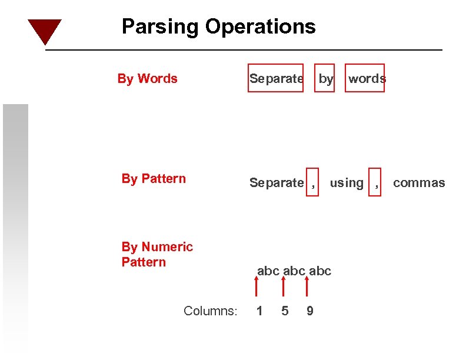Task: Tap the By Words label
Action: (147, 79)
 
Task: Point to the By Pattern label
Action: (154, 179)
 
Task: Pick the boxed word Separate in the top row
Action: (276, 79)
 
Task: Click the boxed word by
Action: (326, 79)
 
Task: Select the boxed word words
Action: (367, 79)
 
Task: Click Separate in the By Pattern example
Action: (276, 183)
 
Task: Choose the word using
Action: (347, 183)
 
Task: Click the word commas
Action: (419, 183)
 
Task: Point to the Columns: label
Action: (210, 311)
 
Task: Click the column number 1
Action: (259, 311)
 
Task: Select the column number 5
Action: (285, 311)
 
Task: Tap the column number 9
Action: (310, 311)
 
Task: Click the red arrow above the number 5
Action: (283, 288)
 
